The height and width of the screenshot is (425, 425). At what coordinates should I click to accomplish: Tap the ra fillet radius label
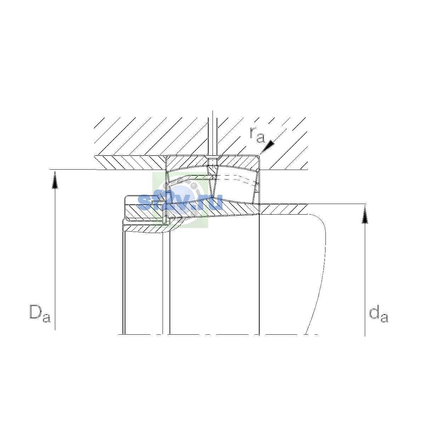tap(257, 135)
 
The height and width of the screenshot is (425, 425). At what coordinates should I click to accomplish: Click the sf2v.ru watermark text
tap(180, 202)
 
